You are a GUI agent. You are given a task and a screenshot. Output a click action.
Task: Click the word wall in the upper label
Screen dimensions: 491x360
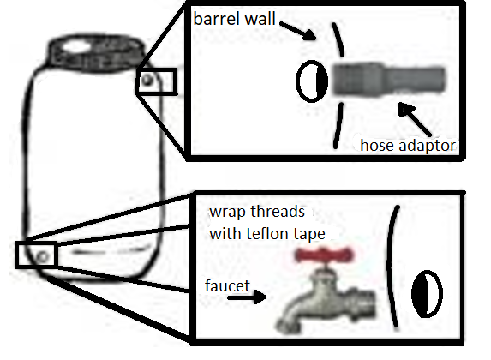(260, 19)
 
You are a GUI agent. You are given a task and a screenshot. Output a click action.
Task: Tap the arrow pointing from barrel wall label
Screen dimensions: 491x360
(298, 31)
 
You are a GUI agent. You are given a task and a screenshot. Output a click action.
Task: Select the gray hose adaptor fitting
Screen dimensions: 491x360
(388, 80)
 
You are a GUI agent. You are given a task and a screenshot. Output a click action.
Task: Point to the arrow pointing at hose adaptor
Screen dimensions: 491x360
(415, 119)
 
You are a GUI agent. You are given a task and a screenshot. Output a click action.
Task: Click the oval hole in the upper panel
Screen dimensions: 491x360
(312, 81)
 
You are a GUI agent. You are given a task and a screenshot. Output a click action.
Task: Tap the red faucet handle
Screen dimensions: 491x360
(325, 255)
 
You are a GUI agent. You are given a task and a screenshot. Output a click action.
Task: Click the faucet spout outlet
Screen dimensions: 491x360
(287, 326)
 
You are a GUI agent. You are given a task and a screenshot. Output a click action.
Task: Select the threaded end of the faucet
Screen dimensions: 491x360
(364, 304)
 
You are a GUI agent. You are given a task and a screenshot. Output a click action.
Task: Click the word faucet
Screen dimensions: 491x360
(227, 285)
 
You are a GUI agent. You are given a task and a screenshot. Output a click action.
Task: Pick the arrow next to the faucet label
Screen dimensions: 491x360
(247, 297)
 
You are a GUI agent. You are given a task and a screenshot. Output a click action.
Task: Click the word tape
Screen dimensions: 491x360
(308, 235)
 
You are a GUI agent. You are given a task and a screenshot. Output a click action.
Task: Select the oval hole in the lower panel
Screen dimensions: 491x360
(427, 294)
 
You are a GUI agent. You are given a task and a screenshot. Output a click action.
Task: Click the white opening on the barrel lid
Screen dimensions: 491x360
(77, 47)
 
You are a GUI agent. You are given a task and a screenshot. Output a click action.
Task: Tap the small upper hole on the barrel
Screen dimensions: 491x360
(147, 81)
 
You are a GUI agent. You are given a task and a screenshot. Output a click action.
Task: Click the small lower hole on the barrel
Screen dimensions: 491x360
(43, 256)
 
